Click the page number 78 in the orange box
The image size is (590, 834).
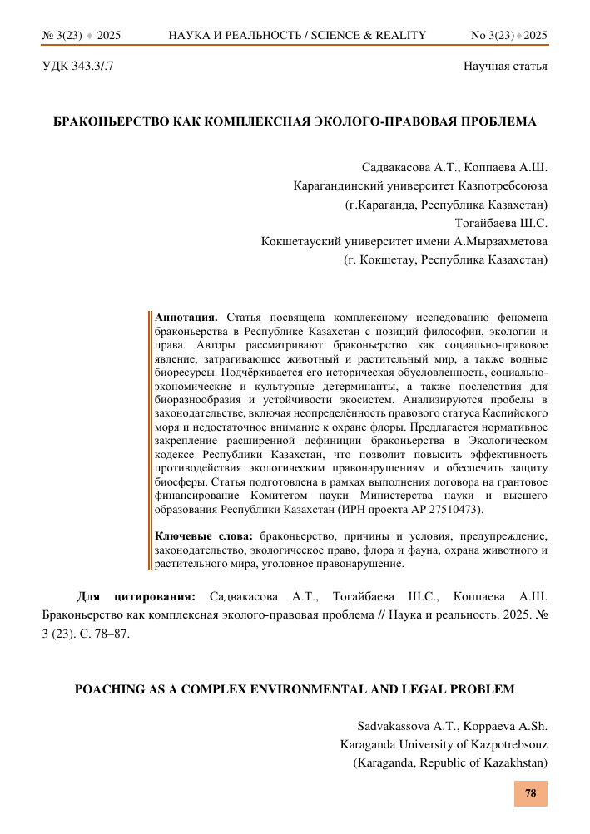(530, 792)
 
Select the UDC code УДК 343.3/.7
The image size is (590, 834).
(77, 65)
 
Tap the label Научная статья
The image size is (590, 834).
(505, 65)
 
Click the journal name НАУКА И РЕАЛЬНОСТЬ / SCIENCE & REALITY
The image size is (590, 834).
(297, 35)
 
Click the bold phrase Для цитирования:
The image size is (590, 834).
(136, 596)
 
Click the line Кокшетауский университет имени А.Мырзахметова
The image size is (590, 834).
(404, 241)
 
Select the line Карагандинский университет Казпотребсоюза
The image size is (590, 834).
(421, 185)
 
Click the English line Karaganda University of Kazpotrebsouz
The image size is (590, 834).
(444, 743)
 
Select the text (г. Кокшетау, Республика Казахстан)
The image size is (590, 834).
(445, 260)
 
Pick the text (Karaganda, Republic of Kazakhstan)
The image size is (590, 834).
(450, 762)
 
